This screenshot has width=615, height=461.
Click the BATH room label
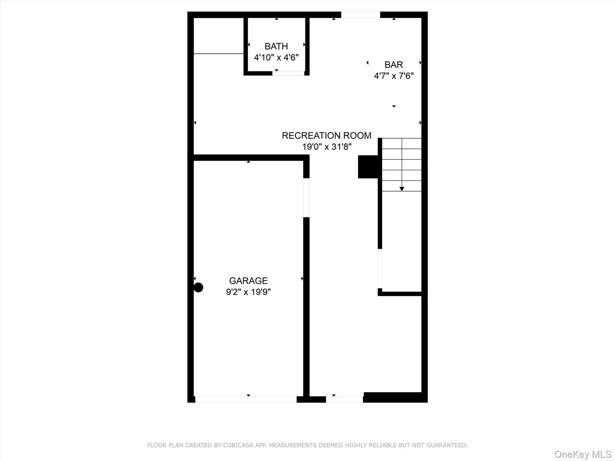pos(276,46)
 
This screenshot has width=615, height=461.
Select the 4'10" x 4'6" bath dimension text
pos(276,57)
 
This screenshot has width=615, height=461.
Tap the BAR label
pos(393,65)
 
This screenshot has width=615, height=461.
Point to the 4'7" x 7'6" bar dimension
pos(393,76)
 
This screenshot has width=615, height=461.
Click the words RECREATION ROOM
pos(326,136)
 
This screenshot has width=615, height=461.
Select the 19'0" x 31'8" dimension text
pos(326,147)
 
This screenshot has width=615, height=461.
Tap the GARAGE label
pos(248,281)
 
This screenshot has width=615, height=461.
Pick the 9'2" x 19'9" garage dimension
pos(248,292)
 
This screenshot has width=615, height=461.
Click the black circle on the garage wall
pos(198,287)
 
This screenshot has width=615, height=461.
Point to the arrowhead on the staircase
pos(402,189)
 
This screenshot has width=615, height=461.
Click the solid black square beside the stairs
pos(368,167)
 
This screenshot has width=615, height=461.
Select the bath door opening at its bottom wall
pos(288,73)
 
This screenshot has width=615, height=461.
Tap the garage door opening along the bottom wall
pos(246,399)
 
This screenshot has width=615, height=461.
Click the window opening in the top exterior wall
pos(360,15)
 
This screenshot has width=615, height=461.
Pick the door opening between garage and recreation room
pos(306,197)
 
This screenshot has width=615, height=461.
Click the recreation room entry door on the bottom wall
pos(344,399)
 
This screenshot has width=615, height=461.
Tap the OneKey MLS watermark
pos(583,454)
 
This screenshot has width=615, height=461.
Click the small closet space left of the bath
pos(218,35)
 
